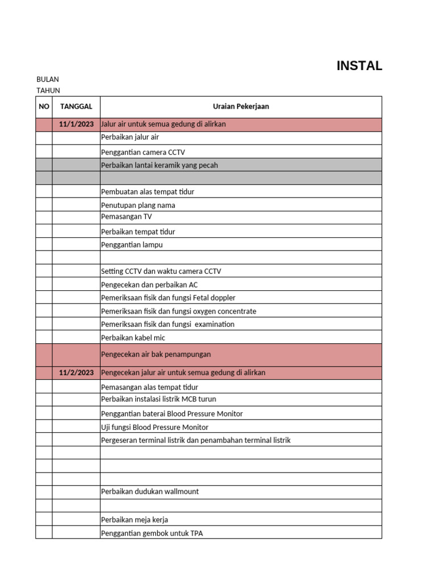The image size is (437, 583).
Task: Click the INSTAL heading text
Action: pyautogui.click(x=359, y=65)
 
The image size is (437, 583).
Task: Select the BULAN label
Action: pyautogui.click(x=48, y=79)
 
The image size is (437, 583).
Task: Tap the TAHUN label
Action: pyautogui.click(x=48, y=91)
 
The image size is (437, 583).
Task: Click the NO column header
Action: pyautogui.click(x=44, y=106)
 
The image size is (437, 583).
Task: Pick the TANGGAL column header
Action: pyautogui.click(x=76, y=106)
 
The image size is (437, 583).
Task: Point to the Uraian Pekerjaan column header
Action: pyautogui.click(x=241, y=106)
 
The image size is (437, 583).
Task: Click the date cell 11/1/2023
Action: pyautogui.click(x=76, y=124)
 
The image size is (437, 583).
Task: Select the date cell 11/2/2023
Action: pyautogui.click(x=76, y=373)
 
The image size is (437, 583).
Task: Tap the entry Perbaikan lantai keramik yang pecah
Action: pyautogui.click(x=159, y=165)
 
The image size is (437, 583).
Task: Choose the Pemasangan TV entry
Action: pyautogui.click(x=126, y=217)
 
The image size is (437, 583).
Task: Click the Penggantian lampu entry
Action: pyautogui.click(x=132, y=245)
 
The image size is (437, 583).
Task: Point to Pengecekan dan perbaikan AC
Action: pyautogui.click(x=149, y=285)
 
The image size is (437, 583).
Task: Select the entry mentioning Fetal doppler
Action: pyautogui.click(x=168, y=298)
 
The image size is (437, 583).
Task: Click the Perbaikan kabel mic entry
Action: pyautogui.click(x=133, y=338)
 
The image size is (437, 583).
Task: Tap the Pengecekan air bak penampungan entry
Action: pyautogui.click(x=156, y=354)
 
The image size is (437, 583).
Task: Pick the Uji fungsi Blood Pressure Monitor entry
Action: pyautogui.click(x=155, y=427)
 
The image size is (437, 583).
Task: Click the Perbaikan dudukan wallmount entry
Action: pyautogui.click(x=150, y=491)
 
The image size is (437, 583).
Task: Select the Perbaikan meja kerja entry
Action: pyautogui.click(x=134, y=520)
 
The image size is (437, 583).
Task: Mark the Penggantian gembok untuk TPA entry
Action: pyautogui.click(x=152, y=533)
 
